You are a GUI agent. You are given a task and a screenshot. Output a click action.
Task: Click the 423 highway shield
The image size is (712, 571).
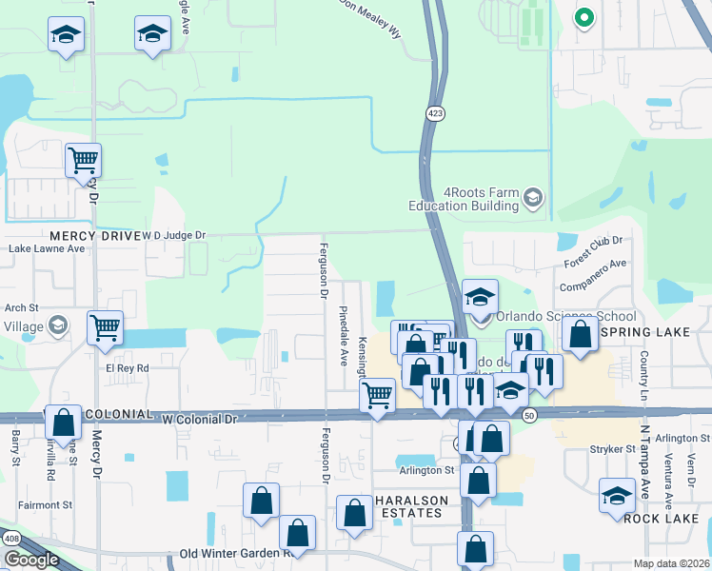click(435, 113)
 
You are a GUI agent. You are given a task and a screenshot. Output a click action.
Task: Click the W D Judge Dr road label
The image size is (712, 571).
click(174, 234)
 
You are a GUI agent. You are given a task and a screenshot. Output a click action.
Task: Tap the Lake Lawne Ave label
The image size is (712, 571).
click(46, 248)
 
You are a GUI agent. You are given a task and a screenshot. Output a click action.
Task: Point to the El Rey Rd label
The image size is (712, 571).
click(128, 367)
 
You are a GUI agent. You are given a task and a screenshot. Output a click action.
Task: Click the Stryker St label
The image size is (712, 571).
click(613, 448)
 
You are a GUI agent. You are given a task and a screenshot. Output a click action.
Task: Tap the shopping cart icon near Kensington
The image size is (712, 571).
click(378, 392)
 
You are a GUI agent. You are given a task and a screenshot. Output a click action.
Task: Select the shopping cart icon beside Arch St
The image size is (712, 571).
click(105, 326)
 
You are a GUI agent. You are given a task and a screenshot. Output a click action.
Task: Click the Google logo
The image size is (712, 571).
click(31, 560)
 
